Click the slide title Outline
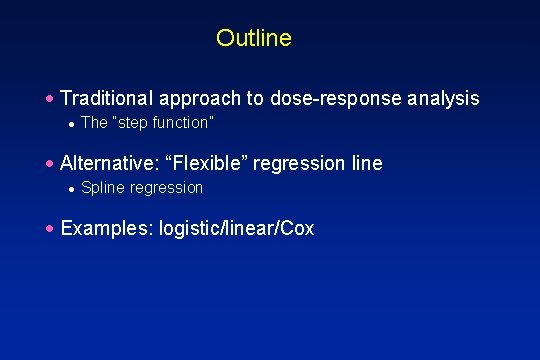point(253,38)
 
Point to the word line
point(365,163)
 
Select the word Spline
point(100,188)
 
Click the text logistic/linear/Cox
point(236,229)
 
